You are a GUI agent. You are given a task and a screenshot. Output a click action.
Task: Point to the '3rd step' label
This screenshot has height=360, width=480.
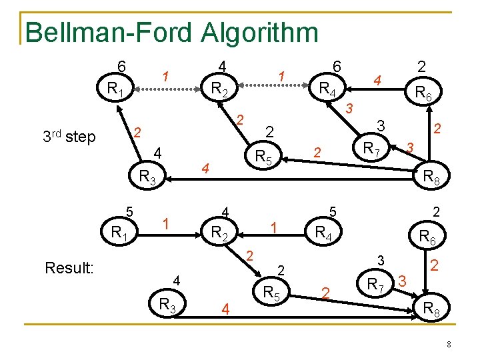69,137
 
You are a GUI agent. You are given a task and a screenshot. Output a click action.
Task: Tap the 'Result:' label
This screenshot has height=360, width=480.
69,268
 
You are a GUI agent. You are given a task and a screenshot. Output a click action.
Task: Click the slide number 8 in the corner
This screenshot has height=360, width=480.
449,344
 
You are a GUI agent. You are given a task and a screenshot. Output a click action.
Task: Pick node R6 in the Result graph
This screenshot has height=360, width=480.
424,236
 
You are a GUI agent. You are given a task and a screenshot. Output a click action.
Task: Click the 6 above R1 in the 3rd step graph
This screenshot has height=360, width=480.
121,66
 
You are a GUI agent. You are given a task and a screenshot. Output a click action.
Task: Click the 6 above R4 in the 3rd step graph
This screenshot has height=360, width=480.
337,66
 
